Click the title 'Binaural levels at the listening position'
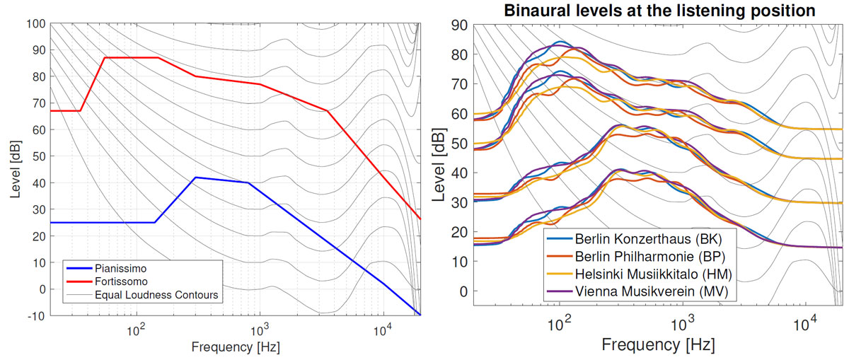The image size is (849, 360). coord(651,11)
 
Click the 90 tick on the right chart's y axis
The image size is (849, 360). coord(459,25)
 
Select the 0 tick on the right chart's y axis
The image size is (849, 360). coord(463,291)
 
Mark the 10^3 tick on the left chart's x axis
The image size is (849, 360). coord(260,328)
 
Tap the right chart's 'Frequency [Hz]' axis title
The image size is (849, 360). coord(658,345)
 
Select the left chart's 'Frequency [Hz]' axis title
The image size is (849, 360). coord(235,347)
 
